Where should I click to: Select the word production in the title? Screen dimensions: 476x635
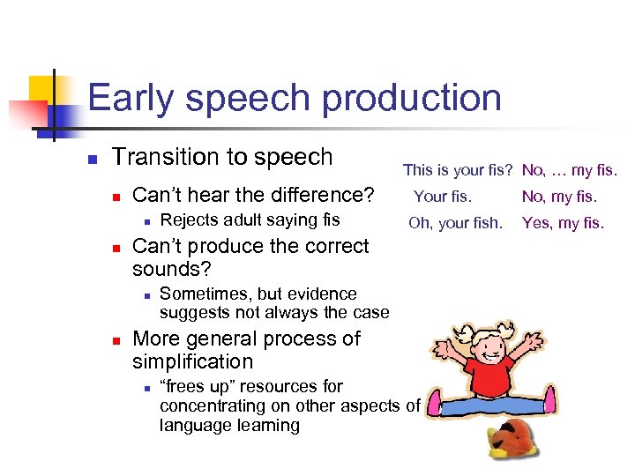coord(412,99)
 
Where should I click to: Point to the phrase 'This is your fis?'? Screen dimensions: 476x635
coord(458,170)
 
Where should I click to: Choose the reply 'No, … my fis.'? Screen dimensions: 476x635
coord(570,170)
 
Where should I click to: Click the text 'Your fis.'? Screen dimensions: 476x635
coord(443,197)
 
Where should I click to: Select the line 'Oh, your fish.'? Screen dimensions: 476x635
coord(455,223)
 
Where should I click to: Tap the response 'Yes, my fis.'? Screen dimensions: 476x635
coord(563,223)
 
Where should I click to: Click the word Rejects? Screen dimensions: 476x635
coord(190,219)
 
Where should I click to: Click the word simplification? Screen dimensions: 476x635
coord(192,361)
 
